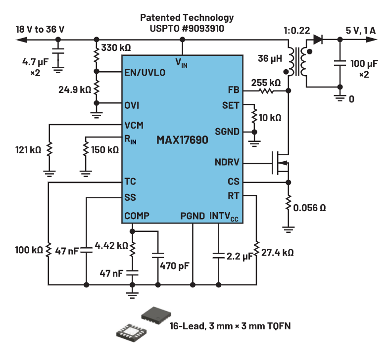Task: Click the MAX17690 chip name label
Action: point(182,140)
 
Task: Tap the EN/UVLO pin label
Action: point(145,73)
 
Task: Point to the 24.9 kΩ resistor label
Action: point(74,90)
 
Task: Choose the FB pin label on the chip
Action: point(234,90)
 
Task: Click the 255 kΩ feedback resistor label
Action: point(266,82)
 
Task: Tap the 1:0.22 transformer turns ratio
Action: point(296,30)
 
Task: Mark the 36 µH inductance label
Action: point(270,58)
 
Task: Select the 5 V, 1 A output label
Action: point(361,31)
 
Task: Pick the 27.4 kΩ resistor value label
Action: point(278,252)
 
